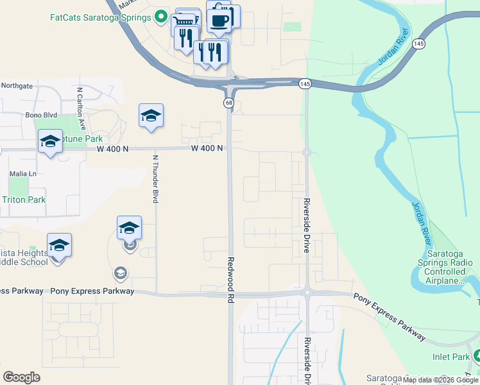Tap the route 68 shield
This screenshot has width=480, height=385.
pos(229,103)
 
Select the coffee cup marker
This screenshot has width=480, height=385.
pos(219,19)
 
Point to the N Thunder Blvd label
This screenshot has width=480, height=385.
pos(155,178)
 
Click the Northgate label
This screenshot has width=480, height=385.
pos(17,85)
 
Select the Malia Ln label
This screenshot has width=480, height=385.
pos(22,174)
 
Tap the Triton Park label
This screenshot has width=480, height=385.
pos(24,200)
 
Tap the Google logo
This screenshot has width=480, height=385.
pos(21,377)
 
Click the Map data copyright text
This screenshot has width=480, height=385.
pos(440,380)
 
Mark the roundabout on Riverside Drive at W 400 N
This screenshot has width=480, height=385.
pos(307,153)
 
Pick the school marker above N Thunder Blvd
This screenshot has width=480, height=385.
pos(151,116)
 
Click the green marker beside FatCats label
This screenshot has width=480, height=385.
pos(161,17)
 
